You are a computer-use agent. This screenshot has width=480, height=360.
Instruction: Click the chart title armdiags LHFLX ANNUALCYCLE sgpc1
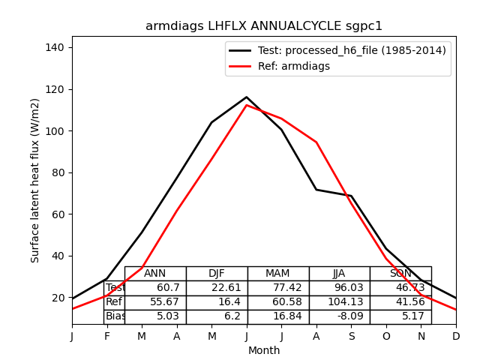tap(264, 26)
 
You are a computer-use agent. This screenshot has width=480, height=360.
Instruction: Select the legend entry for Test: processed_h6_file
tap(337, 50)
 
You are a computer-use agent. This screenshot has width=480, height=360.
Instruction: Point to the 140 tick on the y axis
tap(55, 47)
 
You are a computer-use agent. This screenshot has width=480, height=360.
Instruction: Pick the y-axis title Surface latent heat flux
tap(36, 180)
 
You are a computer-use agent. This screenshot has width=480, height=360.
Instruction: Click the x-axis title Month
tap(264, 350)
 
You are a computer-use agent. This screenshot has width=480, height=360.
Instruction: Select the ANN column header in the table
tap(155, 274)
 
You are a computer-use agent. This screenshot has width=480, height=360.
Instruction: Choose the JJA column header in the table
tap(340, 274)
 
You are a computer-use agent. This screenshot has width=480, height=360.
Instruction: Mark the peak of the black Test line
tap(246, 97)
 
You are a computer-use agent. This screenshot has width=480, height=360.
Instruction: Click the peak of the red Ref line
tap(246, 105)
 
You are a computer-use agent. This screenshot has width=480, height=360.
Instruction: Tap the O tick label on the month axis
tap(386, 337)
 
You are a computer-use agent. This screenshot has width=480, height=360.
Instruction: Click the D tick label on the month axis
tap(456, 337)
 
